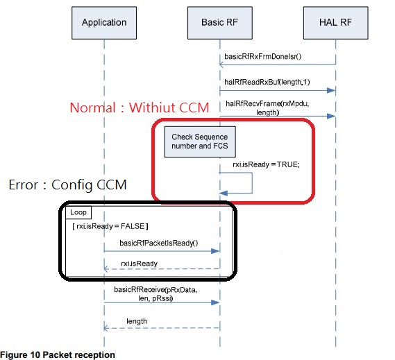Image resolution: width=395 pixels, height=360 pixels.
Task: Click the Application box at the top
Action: pos(104,23)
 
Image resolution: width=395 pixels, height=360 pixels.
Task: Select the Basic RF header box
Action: pos(220,23)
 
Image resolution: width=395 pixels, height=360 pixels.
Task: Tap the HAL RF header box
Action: pos(335,23)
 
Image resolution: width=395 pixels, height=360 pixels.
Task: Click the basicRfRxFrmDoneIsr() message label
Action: pos(262,56)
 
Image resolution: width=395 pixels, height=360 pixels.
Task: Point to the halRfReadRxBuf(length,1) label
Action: pos(267,82)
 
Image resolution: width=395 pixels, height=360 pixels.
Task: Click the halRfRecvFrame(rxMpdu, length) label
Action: pos(267,108)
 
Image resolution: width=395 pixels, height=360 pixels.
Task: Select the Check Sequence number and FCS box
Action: pos(200,142)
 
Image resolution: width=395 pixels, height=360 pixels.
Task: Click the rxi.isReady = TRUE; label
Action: pos(266,164)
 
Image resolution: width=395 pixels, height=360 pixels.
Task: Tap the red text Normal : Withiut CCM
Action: pos(140,108)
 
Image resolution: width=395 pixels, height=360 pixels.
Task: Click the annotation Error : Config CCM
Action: pos(67,185)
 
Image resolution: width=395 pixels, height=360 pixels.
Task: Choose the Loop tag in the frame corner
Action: pos(78,212)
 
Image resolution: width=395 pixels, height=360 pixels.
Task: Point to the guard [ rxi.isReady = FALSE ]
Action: pos(110,226)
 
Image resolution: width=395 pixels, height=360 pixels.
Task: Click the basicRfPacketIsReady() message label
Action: pos(159,243)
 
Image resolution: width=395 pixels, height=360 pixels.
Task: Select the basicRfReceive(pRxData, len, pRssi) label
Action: pos(156,294)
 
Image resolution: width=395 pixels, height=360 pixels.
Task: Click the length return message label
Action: pos(137,321)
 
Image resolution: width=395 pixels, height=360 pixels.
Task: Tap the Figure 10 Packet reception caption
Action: pos(58,355)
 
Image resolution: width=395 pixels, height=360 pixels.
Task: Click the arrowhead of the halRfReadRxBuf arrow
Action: pos(331,90)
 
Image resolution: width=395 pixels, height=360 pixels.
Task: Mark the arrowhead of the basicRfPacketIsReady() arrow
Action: pos(215,251)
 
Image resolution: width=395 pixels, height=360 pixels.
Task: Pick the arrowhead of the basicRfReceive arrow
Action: pos(215,302)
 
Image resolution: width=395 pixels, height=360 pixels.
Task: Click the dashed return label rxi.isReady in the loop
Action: pos(140,264)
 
